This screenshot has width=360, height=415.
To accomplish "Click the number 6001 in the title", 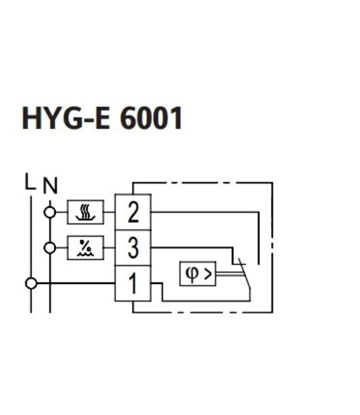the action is (151, 118).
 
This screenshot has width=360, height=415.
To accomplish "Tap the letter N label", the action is (50, 186).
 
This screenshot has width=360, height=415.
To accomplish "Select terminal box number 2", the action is (133, 212).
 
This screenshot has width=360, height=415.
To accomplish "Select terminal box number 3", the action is (133, 248).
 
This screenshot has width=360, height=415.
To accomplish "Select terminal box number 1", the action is (133, 284).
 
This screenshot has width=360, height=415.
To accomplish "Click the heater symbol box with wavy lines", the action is (85, 212).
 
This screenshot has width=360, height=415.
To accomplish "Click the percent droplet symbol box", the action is (85, 248).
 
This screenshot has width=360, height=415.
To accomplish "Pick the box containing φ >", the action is (197, 273).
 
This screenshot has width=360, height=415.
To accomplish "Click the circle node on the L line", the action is (31, 284).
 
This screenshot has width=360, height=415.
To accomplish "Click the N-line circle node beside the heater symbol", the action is (50, 212).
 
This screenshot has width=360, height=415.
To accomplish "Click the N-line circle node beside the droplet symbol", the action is (50, 248).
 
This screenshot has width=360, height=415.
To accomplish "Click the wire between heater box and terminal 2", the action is (109, 212).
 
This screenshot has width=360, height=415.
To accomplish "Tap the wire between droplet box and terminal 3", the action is (109, 248).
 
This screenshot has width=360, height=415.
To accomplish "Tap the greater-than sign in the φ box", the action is (207, 273).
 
